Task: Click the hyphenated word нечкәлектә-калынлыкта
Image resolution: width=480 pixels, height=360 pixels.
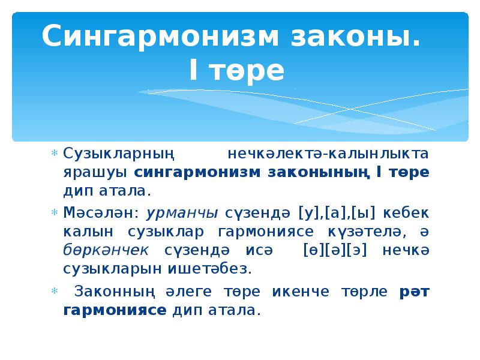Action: (x=328, y=154)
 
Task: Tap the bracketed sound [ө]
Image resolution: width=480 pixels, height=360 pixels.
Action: (x=314, y=250)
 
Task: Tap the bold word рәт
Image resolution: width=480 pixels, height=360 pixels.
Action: (x=413, y=292)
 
